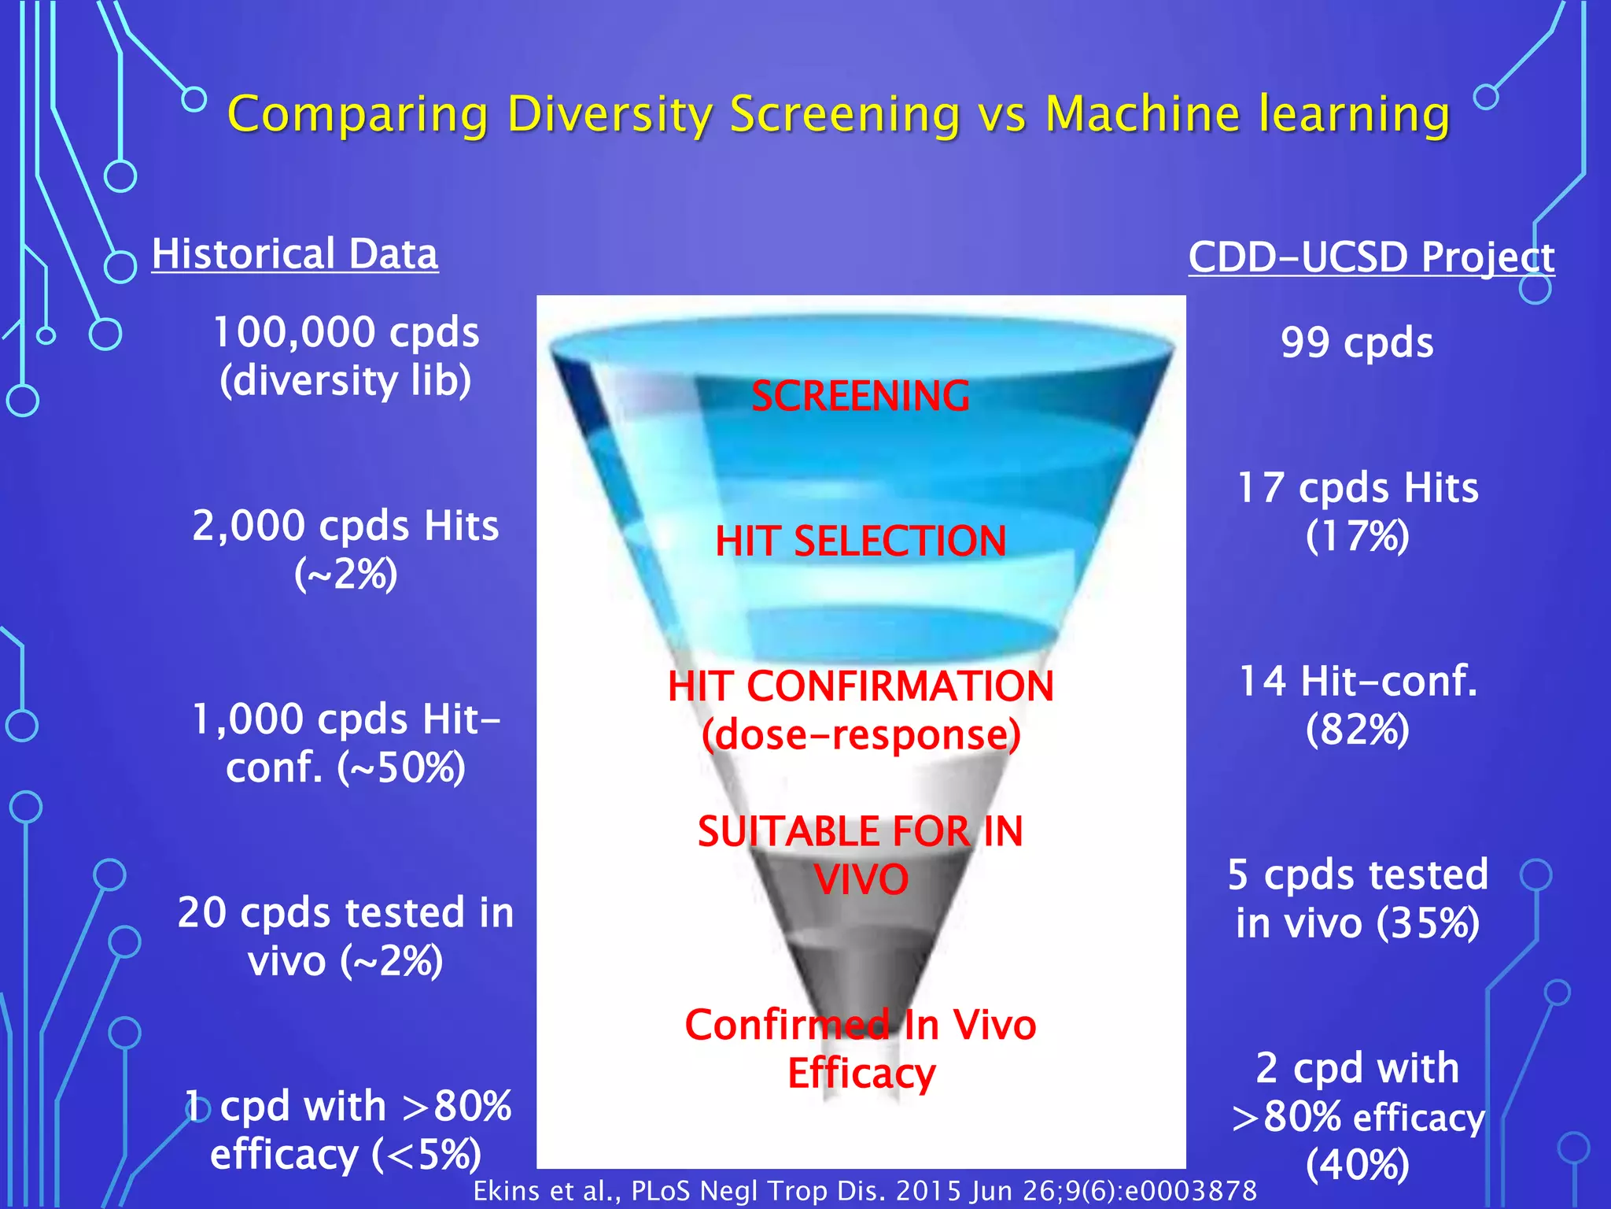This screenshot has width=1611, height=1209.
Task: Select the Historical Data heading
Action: (x=295, y=254)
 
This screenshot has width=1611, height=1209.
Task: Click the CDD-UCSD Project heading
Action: (x=1371, y=257)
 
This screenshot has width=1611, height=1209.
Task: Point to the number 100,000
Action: (x=293, y=332)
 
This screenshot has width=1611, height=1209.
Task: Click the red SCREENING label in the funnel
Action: (x=861, y=396)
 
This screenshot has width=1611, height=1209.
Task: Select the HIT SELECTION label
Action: (x=861, y=542)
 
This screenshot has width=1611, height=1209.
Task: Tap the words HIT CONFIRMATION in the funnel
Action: (x=861, y=686)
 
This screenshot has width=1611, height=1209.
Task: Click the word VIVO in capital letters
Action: (x=861, y=880)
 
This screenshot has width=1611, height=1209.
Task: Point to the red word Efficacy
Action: (x=861, y=1074)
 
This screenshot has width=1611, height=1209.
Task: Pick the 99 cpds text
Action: (x=1357, y=343)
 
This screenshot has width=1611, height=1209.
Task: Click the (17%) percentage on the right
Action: (x=1357, y=537)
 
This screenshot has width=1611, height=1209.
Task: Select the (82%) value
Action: (x=1357, y=730)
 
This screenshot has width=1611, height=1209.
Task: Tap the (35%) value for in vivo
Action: (x=1428, y=923)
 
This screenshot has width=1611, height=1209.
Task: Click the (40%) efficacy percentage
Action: (x=1357, y=1165)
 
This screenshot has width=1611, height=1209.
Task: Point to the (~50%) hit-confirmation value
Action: (x=401, y=768)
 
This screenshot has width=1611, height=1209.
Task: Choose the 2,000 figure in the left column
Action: (x=249, y=526)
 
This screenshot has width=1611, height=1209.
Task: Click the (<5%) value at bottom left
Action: (x=426, y=1155)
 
